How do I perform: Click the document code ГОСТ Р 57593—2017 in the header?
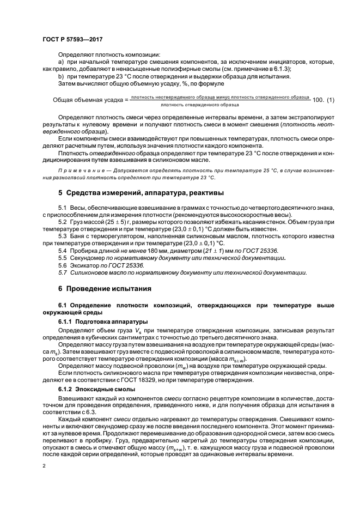pyautogui.click(x=72, y=39)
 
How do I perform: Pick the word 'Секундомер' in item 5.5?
pyautogui.click(x=89, y=257)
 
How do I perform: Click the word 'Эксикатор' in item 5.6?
pyautogui.click(x=86, y=264)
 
